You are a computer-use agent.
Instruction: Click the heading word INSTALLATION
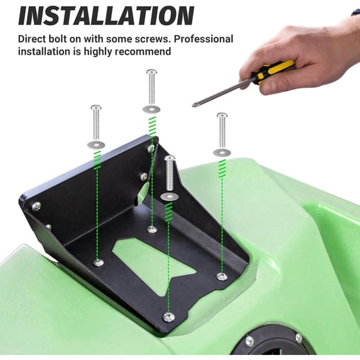[x=106, y=14]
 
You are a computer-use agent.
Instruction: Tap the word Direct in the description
[x=34, y=39]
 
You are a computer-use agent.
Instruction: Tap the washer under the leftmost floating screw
[x=96, y=145]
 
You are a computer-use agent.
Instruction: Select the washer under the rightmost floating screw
[x=222, y=152]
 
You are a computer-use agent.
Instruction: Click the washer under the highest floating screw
[x=151, y=109]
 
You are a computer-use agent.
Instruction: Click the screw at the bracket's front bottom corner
[x=168, y=317]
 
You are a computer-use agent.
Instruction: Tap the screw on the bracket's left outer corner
[x=36, y=205]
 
